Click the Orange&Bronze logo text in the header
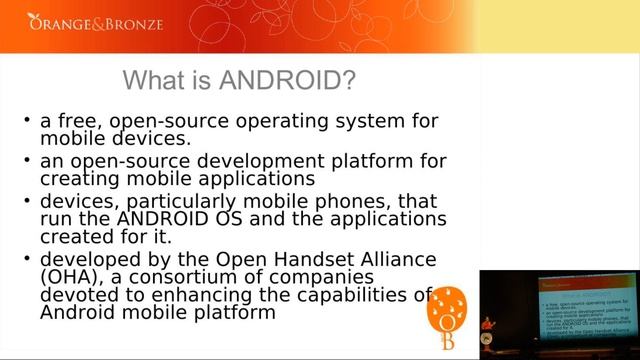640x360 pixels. pos(95,21)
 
